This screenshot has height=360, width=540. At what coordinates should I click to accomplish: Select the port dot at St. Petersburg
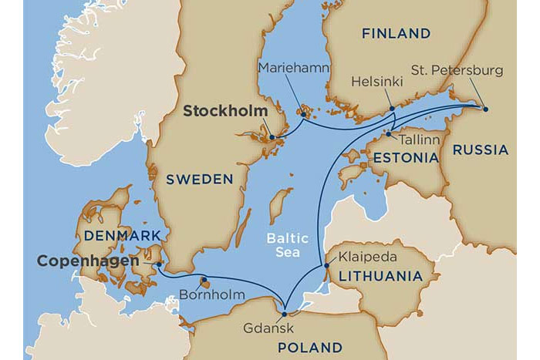pyautogui.click(x=486, y=109)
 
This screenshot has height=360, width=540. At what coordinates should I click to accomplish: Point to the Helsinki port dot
pyautogui.click(x=392, y=109)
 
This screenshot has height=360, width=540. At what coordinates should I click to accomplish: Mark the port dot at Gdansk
pyautogui.click(x=285, y=314)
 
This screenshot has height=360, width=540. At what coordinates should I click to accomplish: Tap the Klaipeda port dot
pyautogui.click(x=327, y=266)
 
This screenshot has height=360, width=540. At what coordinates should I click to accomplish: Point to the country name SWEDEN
pyautogui.click(x=199, y=179)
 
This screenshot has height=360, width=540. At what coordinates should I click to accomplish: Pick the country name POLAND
pyautogui.click(x=311, y=346)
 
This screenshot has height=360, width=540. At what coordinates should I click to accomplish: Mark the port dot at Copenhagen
pyautogui.click(x=159, y=264)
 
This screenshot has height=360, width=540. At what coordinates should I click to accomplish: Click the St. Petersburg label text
pyautogui.click(x=467, y=71)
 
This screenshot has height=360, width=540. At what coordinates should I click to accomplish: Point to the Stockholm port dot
pyautogui.click(x=272, y=137)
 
